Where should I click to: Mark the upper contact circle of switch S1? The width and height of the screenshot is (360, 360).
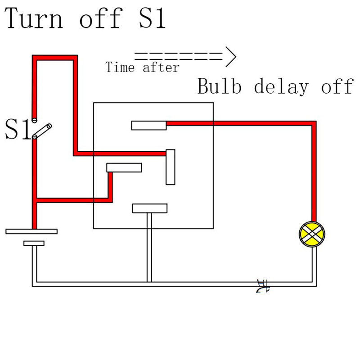click(x=34, y=120)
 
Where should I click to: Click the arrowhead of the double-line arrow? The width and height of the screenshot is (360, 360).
click(x=230, y=57)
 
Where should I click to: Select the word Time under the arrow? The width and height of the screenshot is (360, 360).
click(x=120, y=68)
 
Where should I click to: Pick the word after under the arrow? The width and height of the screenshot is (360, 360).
click(x=161, y=68)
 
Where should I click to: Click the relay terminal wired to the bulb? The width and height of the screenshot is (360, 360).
click(x=149, y=125)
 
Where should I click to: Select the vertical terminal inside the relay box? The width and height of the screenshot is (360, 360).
click(x=170, y=167)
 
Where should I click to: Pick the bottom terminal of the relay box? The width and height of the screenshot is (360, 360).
click(x=149, y=208)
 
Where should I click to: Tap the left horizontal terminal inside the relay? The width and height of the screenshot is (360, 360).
click(x=124, y=167)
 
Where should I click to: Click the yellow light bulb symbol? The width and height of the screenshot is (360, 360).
click(x=312, y=234)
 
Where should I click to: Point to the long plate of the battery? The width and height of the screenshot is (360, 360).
click(x=31, y=231)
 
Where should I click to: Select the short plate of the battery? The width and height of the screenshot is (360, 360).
click(x=34, y=243)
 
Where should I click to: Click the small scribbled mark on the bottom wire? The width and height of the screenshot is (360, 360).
click(x=262, y=287)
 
